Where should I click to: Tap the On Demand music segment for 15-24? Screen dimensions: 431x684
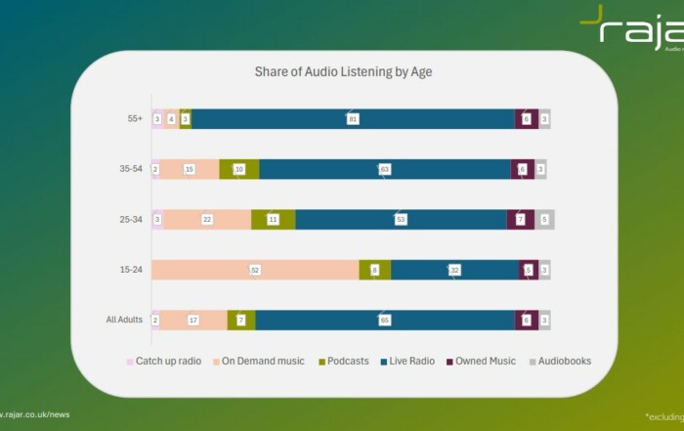point(256,270)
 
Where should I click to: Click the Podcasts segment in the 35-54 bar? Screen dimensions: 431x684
point(239,169)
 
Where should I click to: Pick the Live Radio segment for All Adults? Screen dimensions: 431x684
point(385,320)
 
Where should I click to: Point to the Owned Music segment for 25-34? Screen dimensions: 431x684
point(521,219)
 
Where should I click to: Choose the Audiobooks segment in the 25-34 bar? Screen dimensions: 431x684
point(544,219)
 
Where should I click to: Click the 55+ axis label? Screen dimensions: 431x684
point(134,118)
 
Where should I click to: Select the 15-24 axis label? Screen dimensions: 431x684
point(130,270)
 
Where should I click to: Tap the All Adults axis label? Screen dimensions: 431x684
point(124,320)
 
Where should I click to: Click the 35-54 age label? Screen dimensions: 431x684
point(130,169)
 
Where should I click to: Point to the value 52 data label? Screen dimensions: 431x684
point(256,270)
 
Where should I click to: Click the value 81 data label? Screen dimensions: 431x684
point(353,118)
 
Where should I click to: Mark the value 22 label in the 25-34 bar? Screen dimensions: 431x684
point(207,219)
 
